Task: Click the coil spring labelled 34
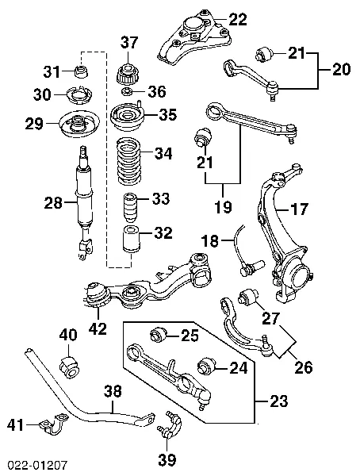pyautogui.click(x=130, y=162)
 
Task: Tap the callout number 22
pyautogui.click(x=238, y=19)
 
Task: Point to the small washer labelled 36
pyautogui.click(x=127, y=90)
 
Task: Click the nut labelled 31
pyautogui.click(x=82, y=71)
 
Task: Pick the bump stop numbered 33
pyautogui.click(x=130, y=207)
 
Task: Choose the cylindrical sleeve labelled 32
pyautogui.click(x=131, y=239)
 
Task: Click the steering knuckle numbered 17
pyautogui.click(x=283, y=234)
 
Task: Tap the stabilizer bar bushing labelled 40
pyautogui.click(x=70, y=367)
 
